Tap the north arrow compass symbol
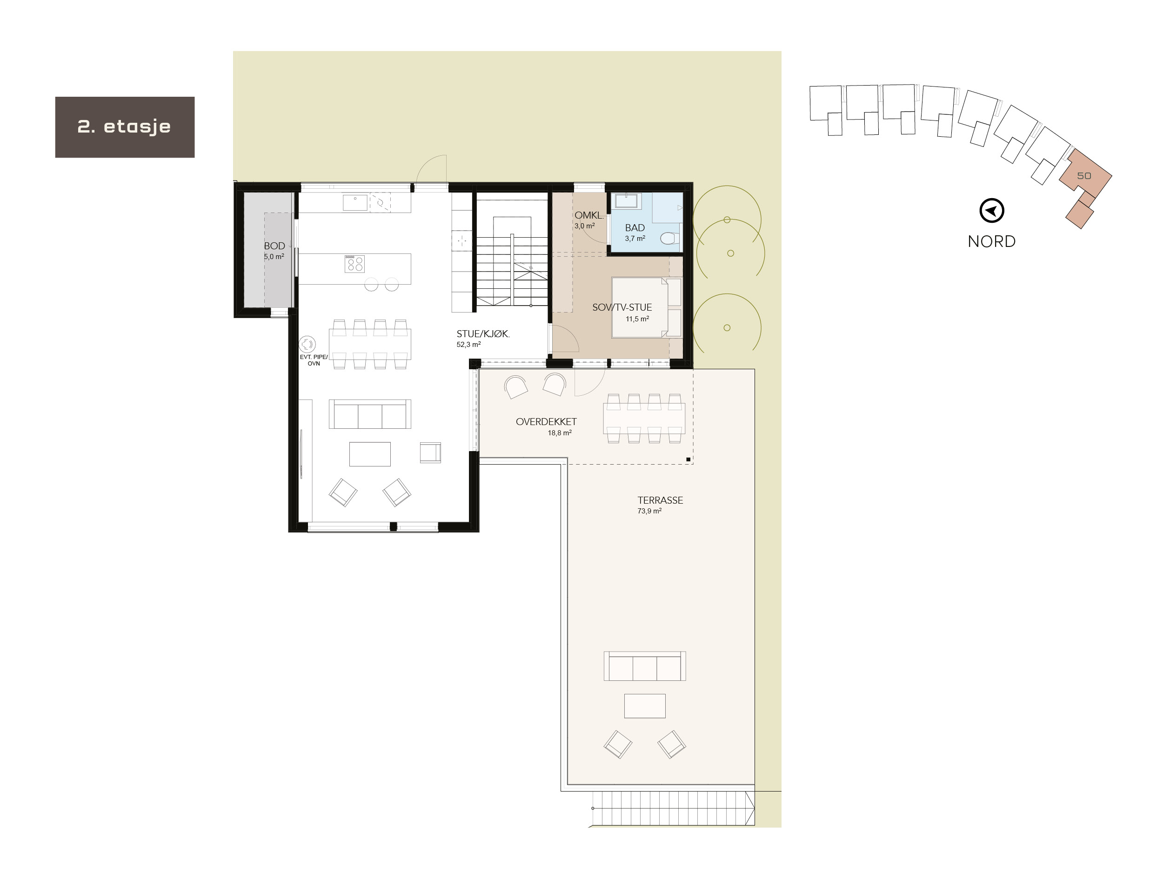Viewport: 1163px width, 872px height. tap(992, 211)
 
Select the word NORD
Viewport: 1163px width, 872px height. tap(992, 241)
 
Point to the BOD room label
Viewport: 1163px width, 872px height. tap(274, 246)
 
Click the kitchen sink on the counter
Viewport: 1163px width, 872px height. tap(355, 202)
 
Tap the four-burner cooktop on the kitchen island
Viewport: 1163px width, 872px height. tap(354, 264)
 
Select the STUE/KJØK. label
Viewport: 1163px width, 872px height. tap(483, 334)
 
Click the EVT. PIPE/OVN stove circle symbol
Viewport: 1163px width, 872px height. tap(307, 344)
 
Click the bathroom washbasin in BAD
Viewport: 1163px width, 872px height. tap(627, 201)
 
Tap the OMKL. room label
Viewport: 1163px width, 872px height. tap(588, 215)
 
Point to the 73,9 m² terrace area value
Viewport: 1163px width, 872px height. tap(649, 511)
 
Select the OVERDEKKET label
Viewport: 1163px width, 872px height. tap(546, 421)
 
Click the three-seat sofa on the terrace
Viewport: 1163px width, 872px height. tap(645, 666)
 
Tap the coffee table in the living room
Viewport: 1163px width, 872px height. tap(370, 454)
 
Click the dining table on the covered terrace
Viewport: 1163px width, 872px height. tap(644, 419)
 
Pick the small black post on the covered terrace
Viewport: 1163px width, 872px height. tap(688, 459)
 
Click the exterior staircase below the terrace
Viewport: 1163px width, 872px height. tap(673, 808)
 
